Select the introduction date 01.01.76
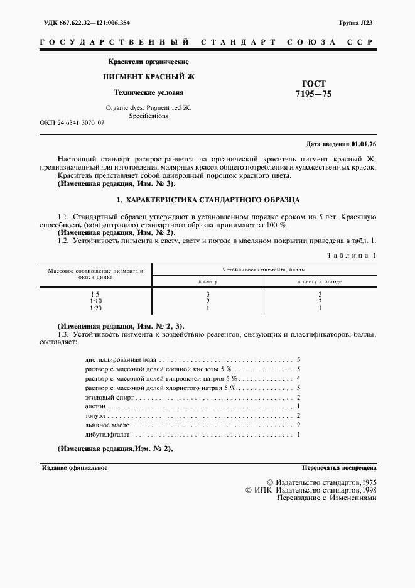pyautogui.click(x=364, y=144)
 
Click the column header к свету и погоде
pyautogui.click(x=320, y=281)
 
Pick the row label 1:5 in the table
pyautogui.click(x=95, y=293)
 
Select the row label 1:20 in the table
pyautogui.click(x=95, y=308)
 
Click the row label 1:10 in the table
pyautogui.click(x=95, y=301)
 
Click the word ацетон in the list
pyautogui.click(x=94, y=407)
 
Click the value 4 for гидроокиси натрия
pyautogui.click(x=299, y=379)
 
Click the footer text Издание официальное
pyautogui.click(x=74, y=468)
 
